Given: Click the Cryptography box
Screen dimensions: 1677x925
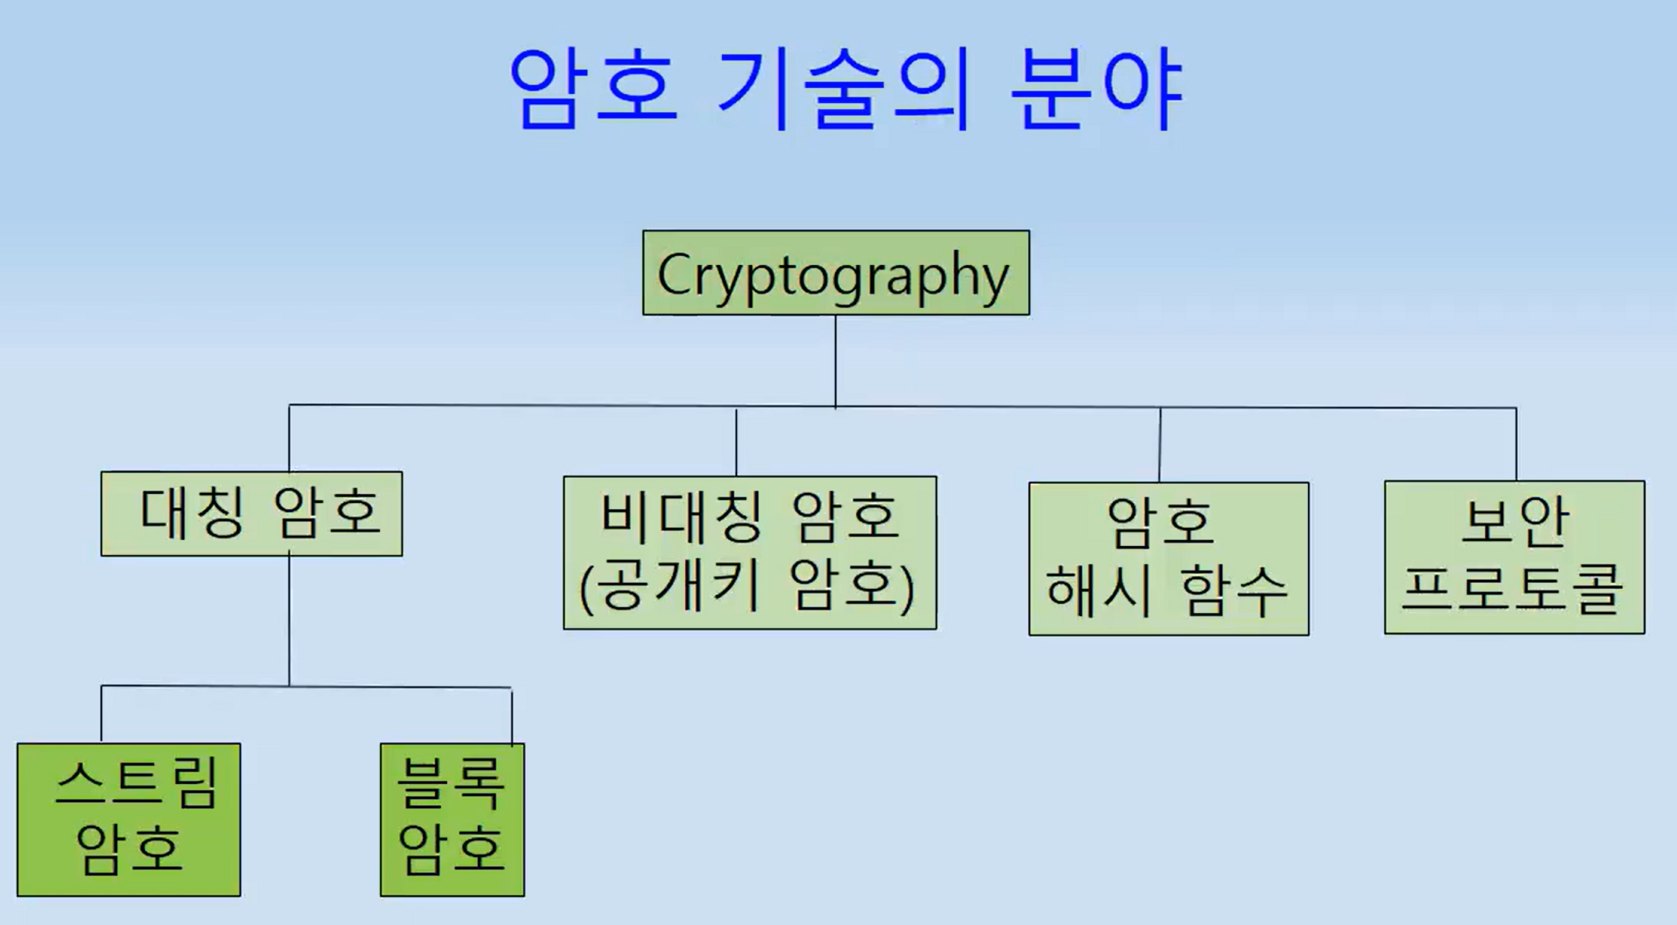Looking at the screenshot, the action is click(x=836, y=273).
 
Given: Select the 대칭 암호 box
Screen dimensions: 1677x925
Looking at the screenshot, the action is click(x=252, y=513).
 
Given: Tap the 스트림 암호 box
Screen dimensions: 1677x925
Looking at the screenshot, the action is click(x=128, y=819).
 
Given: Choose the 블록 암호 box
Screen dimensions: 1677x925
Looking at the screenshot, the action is click(x=452, y=819).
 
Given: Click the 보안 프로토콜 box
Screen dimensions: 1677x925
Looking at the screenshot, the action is click(x=1514, y=557).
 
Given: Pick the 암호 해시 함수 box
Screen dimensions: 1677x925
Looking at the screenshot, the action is click(x=1168, y=559).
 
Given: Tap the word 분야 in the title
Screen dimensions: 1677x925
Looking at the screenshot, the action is click(x=1097, y=88).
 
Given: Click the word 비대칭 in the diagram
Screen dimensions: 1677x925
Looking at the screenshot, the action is click(x=681, y=516).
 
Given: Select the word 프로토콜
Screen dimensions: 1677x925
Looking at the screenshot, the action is click(x=1513, y=589).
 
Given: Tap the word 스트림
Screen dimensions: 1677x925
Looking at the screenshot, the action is click(x=137, y=782).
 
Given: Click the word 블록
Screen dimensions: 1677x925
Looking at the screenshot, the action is click(x=451, y=782).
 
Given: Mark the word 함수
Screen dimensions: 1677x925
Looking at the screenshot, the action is click(x=1233, y=590).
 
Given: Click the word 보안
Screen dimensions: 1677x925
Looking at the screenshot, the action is click(x=1514, y=521).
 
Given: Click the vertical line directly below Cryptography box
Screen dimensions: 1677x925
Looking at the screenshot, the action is click(x=835, y=361).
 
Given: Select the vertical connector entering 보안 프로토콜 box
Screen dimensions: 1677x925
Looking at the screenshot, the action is click(x=1516, y=444).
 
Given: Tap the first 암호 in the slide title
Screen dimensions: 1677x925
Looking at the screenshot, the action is click(x=593, y=88).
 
